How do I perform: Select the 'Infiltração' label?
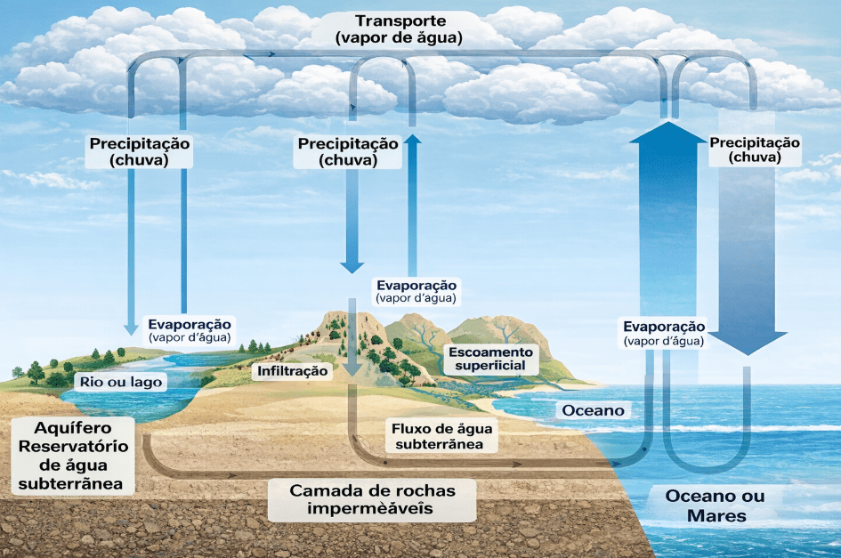pyautogui.click(x=293, y=370)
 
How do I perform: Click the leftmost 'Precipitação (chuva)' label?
pyautogui.click(x=139, y=151)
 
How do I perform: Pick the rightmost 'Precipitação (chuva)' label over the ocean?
pyautogui.click(x=755, y=150)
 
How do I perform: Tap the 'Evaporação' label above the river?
pyautogui.click(x=189, y=330)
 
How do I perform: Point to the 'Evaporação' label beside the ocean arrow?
pyautogui.click(x=664, y=333)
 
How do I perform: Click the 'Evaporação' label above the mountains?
pyautogui.click(x=416, y=291)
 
